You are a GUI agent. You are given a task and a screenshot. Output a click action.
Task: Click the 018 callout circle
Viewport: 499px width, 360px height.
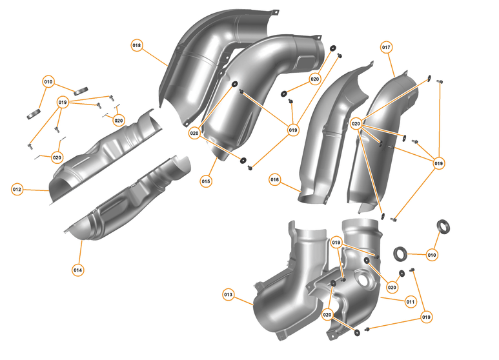[x=137, y=46]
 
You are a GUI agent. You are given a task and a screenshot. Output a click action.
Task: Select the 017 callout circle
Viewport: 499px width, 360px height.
[x=387, y=48]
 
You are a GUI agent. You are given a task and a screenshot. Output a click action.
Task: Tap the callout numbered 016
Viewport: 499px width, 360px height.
[x=275, y=179]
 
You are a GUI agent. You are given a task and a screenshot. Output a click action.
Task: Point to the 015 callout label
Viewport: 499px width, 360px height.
[x=206, y=181]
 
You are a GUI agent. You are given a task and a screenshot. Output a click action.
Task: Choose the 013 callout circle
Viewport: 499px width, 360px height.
[x=228, y=294]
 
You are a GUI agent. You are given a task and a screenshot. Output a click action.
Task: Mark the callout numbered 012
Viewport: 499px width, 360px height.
[x=17, y=189]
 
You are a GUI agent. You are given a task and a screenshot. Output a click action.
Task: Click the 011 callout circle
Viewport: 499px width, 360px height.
[x=411, y=301]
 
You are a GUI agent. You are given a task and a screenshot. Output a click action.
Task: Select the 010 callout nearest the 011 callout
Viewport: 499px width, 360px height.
[x=432, y=255]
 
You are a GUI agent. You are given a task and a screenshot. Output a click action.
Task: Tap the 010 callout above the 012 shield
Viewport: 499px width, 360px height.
[x=48, y=82]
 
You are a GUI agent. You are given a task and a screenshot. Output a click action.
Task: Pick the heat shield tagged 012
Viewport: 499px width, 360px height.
[x=103, y=155]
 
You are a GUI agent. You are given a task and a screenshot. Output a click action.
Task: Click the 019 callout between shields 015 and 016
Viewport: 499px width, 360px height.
[x=293, y=130]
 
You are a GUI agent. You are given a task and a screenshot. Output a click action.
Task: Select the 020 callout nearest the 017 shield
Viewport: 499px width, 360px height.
[x=356, y=123]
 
